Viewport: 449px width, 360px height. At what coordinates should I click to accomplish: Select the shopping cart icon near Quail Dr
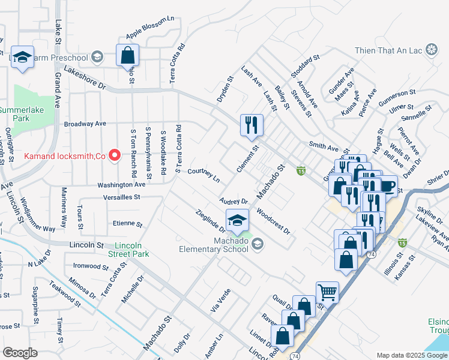[x=327, y=293]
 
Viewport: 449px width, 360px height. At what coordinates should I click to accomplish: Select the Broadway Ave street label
[x=85, y=124]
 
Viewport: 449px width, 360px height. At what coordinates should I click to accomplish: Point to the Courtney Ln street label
[x=203, y=175]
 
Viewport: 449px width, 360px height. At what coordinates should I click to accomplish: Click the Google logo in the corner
[x=20, y=353]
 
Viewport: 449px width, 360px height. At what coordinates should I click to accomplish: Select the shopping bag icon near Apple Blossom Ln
[x=128, y=56]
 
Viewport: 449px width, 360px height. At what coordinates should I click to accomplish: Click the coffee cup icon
[x=387, y=186]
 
